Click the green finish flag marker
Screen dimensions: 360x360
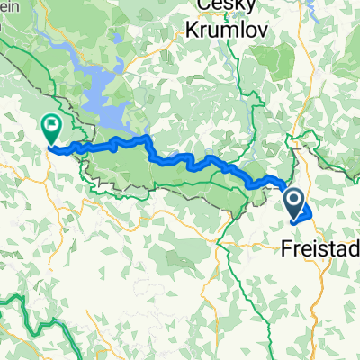[x=50, y=127]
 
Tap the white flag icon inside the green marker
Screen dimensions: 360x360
[x=50, y=124]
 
